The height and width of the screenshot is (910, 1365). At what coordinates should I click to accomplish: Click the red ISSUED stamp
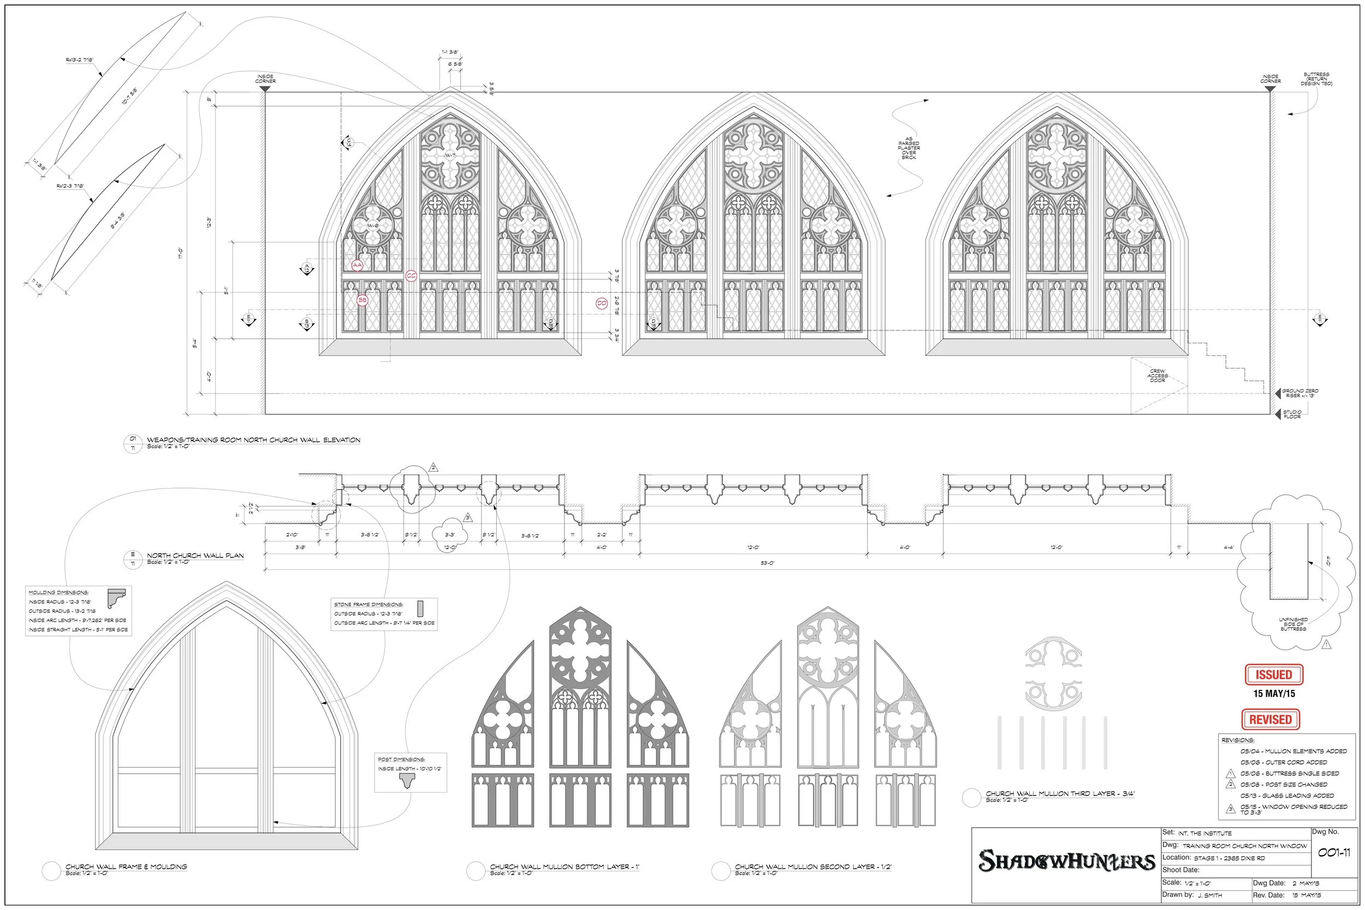coord(1274,674)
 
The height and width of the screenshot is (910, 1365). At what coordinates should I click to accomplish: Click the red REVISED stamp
coord(1271,719)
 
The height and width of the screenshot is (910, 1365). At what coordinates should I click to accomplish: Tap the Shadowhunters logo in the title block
coord(1067,861)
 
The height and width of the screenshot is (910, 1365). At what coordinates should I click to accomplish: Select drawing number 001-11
coord(1334,853)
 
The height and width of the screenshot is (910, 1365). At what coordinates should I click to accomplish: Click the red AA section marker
coord(358,265)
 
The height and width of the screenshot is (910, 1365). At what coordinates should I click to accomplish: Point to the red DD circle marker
coord(602,303)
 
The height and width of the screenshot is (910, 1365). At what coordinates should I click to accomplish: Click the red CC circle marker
coord(411,276)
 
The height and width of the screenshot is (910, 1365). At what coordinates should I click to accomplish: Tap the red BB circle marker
coord(362,300)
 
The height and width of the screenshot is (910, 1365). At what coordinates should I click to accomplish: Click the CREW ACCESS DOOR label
coord(1157,376)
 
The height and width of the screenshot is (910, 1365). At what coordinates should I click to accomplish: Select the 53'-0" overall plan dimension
coord(767,563)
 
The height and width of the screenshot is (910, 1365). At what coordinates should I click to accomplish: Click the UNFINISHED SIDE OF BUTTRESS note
coord(1293,624)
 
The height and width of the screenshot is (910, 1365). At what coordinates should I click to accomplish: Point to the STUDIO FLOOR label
coord(1292,414)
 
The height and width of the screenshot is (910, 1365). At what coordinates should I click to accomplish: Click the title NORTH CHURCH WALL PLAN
coord(195,555)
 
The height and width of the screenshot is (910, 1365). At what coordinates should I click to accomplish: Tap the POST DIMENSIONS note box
coord(410,772)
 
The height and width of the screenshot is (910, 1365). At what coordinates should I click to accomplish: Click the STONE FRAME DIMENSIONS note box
coord(384,614)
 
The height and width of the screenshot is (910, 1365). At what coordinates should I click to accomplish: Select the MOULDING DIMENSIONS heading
coord(58,592)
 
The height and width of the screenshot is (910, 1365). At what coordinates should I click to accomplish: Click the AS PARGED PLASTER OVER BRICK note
coord(909,148)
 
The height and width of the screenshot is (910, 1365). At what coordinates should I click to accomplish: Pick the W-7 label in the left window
coord(450,156)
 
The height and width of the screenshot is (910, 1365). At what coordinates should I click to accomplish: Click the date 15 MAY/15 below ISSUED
coord(1274,693)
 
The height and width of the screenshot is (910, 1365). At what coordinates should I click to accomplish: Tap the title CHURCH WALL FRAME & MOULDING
coord(126,866)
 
